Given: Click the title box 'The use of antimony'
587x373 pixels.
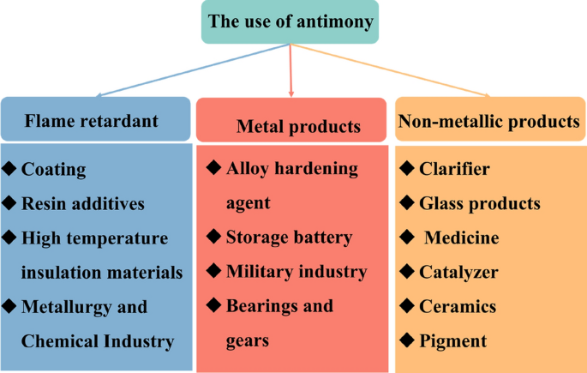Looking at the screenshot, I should click(290, 22).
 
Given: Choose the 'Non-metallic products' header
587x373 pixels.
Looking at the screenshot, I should click(488, 122).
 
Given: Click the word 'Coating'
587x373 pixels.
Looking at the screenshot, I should click(53, 169).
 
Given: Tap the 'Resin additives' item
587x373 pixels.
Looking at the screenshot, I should click(82, 203).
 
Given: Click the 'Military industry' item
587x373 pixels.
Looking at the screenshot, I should click(296, 272).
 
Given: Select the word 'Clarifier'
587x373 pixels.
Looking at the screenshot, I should click(454, 169).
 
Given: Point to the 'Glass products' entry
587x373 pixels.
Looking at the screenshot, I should click(479, 203).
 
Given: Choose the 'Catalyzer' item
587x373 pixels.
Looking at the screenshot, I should click(458, 272).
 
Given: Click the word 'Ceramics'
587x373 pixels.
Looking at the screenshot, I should click(458, 306).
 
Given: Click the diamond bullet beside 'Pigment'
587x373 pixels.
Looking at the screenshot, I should click(408, 340).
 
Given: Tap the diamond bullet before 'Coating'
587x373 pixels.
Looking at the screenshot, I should click(10, 168).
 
